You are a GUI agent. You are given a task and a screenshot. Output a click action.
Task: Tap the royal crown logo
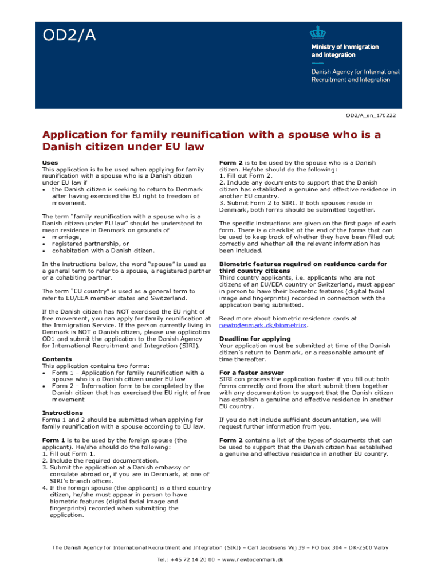(317, 33)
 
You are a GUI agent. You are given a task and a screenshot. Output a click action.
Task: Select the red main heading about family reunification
(211, 140)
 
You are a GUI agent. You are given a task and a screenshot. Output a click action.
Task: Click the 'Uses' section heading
(50, 163)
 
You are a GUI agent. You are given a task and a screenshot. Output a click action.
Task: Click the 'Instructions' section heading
(62, 413)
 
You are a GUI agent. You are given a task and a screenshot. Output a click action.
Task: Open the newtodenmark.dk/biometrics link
(263, 326)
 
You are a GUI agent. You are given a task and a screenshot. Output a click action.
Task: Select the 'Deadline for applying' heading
(254, 339)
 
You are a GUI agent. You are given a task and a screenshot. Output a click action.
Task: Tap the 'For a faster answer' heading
(251, 373)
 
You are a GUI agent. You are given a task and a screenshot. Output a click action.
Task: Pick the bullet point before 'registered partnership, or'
(44, 244)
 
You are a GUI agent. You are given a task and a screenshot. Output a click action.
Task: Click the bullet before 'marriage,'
(44, 237)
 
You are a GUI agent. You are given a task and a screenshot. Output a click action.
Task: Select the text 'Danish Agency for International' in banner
(355, 72)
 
